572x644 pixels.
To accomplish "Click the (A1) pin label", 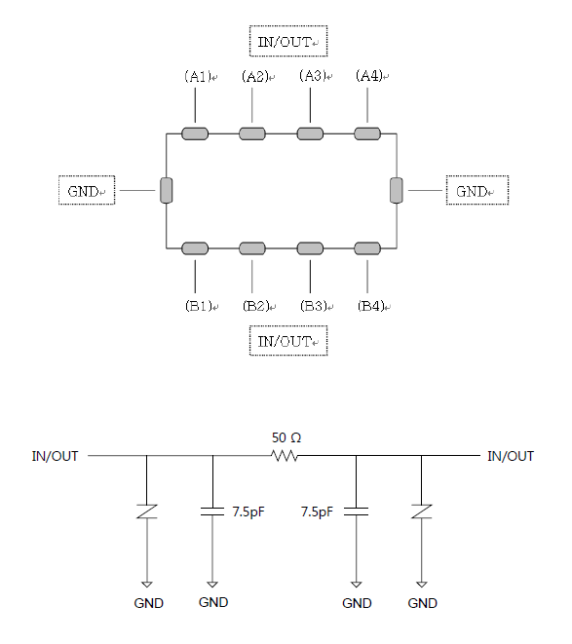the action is (x=198, y=76).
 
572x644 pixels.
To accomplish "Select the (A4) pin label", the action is (x=369, y=76).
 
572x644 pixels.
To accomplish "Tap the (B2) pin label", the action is (x=255, y=306).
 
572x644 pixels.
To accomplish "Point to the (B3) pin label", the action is (x=313, y=306).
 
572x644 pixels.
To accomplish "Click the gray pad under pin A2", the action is (x=252, y=133).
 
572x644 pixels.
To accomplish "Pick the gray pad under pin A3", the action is (x=310, y=133).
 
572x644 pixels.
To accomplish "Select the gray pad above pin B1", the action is (x=195, y=248).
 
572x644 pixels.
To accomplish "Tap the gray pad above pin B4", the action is (x=367, y=248).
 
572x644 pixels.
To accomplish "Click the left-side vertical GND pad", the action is (x=167, y=191).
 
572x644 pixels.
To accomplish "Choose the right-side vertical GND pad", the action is (x=397, y=191).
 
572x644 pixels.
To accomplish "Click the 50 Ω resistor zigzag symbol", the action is (x=284, y=456).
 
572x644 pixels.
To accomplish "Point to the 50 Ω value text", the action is (x=286, y=437).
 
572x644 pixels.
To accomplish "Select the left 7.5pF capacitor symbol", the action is (x=212, y=511).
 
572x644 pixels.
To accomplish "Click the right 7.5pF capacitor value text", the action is (x=317, y=512).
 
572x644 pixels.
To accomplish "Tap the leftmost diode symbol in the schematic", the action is (x=147, y=511).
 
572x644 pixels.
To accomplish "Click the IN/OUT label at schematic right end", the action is (x=511, y=456).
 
